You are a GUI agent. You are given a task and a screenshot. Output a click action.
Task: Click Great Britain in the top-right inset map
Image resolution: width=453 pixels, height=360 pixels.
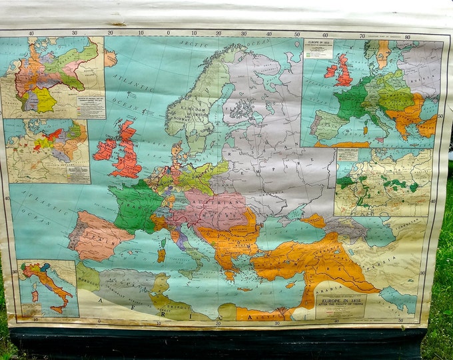click(x=344, y=70)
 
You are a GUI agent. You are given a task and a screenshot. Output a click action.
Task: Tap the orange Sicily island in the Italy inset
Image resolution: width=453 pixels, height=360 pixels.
click(x=59, y=308)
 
